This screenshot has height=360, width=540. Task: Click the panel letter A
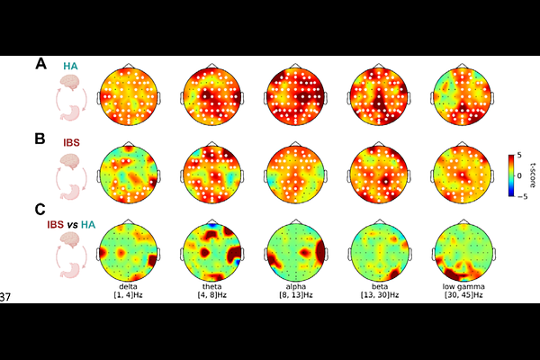40,64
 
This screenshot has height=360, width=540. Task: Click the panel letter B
40,139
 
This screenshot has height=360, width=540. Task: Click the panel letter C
40,210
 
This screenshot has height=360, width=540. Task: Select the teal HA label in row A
70,66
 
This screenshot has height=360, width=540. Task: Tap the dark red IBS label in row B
71,142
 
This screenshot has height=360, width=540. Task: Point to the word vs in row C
72,225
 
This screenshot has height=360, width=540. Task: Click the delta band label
128,286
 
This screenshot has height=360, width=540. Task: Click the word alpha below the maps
296,286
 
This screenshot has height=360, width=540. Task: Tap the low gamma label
463,286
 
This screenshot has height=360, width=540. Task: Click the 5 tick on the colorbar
519,156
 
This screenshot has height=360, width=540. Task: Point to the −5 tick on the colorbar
522,197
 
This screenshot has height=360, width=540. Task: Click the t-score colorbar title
533,175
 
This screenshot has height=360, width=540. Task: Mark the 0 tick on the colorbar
519,175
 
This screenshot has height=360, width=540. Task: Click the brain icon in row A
70,82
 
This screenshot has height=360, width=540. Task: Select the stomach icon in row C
71,270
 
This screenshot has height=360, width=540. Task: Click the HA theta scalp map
211,97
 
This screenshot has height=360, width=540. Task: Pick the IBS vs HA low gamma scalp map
463,253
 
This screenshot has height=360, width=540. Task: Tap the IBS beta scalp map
379,175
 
